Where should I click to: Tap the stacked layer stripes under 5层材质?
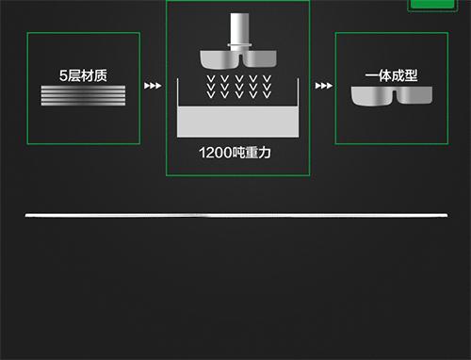tap(83, 95)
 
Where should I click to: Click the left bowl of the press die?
tap(218, 57)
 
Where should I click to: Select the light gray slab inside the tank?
tap(237, 122)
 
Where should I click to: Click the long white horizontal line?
tap(235, 216)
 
